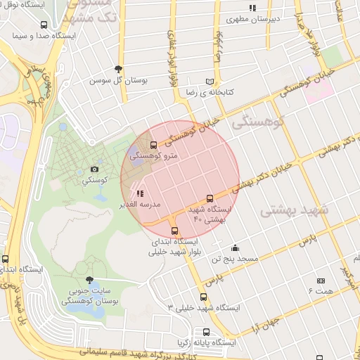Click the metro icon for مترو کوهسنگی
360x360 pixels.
pyautogui.click(x=154, y=145)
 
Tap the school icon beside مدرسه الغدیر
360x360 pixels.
pyautogui.click(x=140, y=193)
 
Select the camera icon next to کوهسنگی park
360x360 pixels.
pyautogui.click(x=94, y=169)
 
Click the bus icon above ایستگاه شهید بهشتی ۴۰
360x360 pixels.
pyautogui.click(x=209, y=199)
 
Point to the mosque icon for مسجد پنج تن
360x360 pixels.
pyautogui.click(x=235, y=247)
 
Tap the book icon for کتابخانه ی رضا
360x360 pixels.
pyautogui.click(x=209, y=82)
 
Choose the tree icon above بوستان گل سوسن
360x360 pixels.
pyautogui.click(x=117, y=69)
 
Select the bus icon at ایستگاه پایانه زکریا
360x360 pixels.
pyautogui.click(x=206, y=332)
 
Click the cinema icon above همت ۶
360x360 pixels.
pyautogui.click(x=321, y=281)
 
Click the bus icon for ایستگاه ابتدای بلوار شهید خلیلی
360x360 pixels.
pyautogui.click(x=175, y=230)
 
